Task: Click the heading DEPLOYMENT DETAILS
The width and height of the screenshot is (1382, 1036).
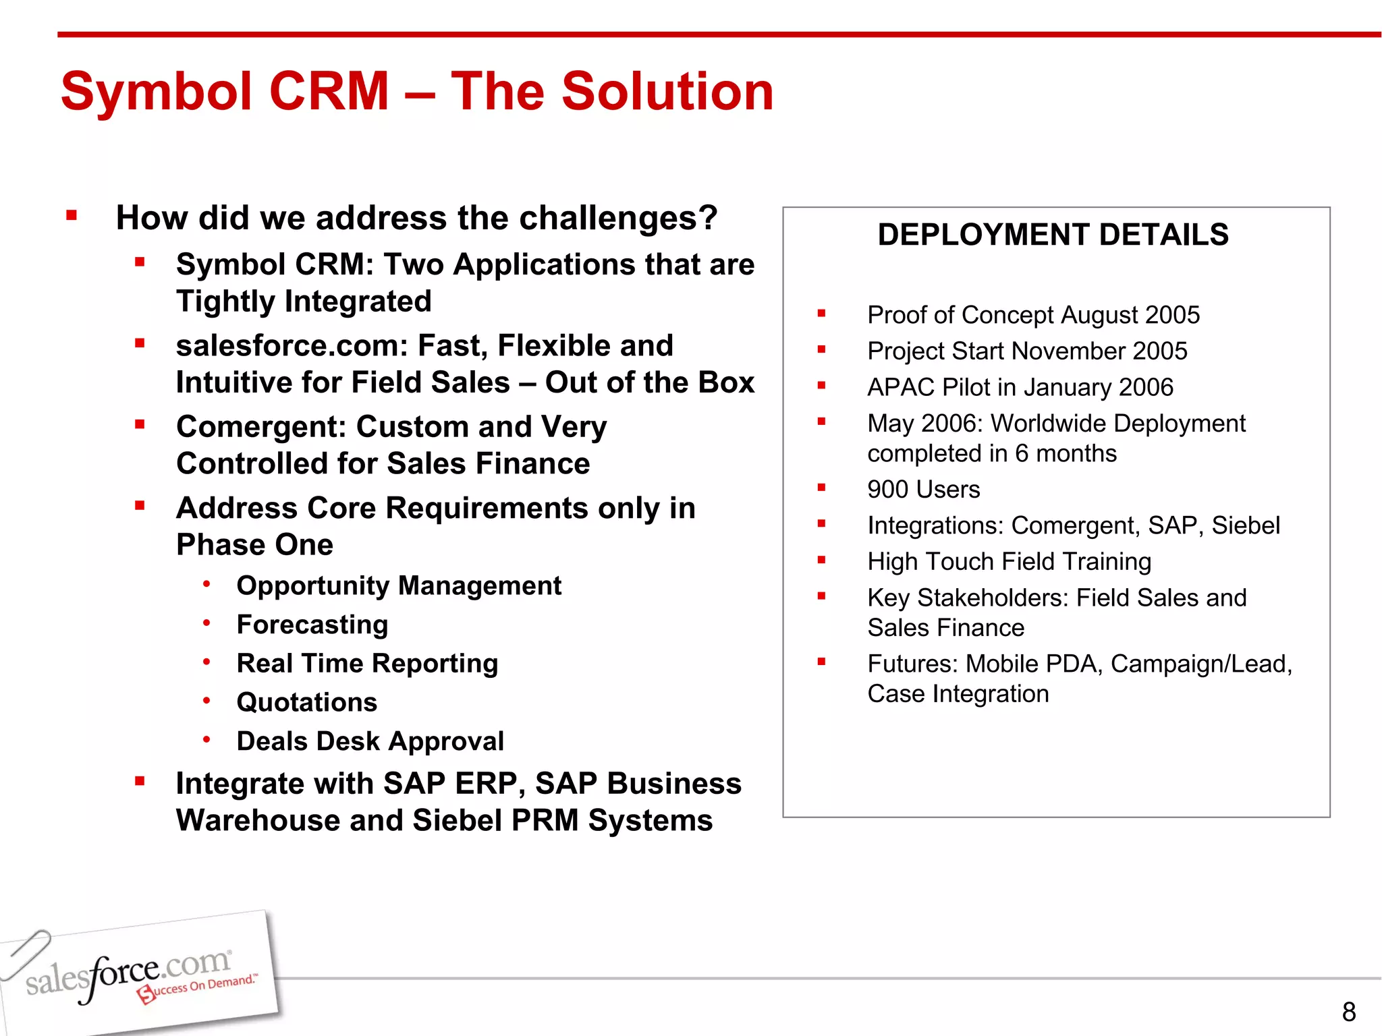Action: coord(1053,235)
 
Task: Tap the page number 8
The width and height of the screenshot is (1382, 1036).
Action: coord(1348,1012)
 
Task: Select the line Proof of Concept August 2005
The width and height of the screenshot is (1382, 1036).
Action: coord(1033,315)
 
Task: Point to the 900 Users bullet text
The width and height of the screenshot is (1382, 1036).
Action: coord(923,489)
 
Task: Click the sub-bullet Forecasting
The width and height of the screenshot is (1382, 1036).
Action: coord(312,625)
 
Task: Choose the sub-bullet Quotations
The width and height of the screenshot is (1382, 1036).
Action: coord(307,702)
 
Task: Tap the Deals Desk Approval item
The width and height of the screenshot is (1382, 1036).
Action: coord(370,741)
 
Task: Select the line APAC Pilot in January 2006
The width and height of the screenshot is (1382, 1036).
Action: coord(1020,387)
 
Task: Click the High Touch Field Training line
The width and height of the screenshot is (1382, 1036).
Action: coord(1009,561)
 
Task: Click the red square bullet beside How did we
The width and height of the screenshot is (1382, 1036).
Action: coord(72,217)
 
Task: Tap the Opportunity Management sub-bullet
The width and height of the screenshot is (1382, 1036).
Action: coord(399,585)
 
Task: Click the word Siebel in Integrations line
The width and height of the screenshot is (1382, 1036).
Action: coord(1245,525)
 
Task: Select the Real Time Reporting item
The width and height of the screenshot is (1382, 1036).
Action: coord(367,664)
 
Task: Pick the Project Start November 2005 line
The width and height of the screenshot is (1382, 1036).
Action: coord(1027,351)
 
